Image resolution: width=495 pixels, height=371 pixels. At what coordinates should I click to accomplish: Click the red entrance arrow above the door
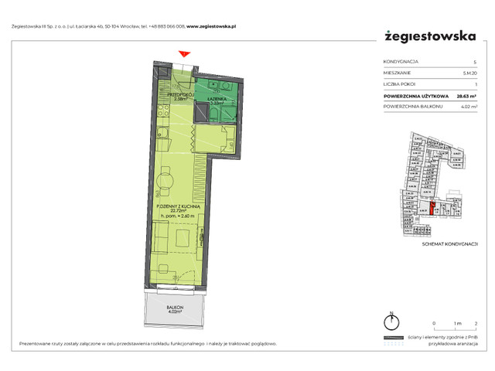(183, 53)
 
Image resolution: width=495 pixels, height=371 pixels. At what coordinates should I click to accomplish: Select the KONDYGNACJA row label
(401, 61)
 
